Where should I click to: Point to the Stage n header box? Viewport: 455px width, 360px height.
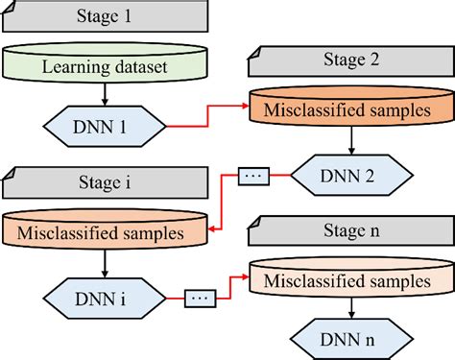pos(350,230)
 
